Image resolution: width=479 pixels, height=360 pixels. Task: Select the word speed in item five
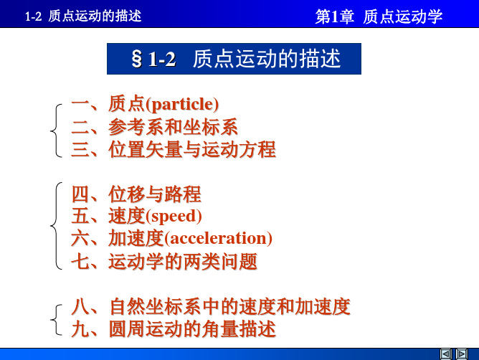coord(174,217)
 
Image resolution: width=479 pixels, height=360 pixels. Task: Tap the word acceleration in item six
coord(218,238)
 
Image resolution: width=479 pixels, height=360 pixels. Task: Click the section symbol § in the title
coord(136,59)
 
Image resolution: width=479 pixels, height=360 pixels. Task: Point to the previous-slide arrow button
coord(446,354)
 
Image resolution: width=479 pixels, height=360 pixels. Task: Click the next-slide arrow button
coord(462,354)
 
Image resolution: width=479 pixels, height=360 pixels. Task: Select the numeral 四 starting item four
coord(80,194)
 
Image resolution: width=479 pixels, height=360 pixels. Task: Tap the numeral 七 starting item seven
coord(80,261)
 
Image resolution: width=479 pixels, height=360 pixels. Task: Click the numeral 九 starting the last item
coord(80,329)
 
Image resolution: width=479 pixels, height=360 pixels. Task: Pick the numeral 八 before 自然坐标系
coord(80,307)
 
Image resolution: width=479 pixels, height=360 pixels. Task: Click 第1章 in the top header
coord(334,16)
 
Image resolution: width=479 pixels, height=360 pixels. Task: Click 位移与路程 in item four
coord(155,194)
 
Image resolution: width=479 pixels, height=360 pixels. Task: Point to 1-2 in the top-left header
coord(33,16)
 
